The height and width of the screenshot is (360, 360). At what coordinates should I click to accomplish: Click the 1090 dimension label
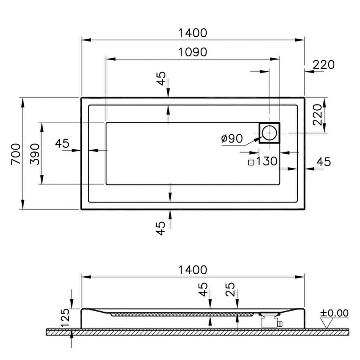(x=193, y=52)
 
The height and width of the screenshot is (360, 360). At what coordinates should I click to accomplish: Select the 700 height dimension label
(x=16, y=154)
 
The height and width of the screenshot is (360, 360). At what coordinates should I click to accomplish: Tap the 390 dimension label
(x=34, y=154)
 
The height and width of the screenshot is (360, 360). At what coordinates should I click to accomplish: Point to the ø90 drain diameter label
(x=232, y=138)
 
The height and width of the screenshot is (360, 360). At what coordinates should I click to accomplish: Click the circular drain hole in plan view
(x=269, y=133)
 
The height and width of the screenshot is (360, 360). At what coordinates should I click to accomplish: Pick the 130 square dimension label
(x=267, y=161)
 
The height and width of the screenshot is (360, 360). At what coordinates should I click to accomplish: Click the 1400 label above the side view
(x=193, y=270)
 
